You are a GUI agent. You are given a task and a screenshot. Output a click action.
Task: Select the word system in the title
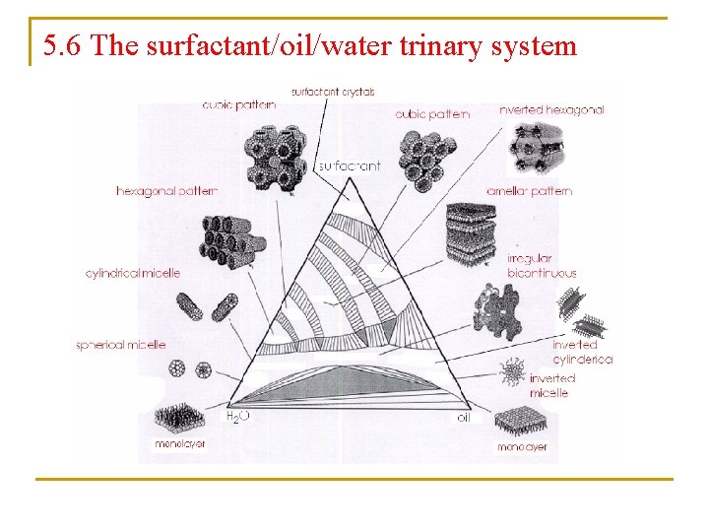point(538,45)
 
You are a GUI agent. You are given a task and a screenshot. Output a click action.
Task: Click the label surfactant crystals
point(333,92)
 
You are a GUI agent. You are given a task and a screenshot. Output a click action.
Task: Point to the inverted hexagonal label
point(551,110)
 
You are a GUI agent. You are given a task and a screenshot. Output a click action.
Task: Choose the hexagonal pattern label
point(166,190)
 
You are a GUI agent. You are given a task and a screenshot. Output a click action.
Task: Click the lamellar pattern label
point(529,190)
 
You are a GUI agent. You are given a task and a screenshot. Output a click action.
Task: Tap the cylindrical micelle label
point(133,273)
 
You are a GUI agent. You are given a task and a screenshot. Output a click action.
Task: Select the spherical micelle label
point(121,345)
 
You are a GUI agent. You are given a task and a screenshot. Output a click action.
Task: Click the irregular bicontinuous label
point(542,266)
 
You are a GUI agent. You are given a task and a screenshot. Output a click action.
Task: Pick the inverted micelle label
point(551,385)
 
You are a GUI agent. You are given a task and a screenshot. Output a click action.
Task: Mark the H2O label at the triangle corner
point(238,418)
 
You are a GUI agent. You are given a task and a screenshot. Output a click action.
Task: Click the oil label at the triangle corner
point(464,418)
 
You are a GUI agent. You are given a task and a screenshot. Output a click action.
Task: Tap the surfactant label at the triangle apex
point(349,166)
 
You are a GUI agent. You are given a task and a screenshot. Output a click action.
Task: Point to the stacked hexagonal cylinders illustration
point(229,240)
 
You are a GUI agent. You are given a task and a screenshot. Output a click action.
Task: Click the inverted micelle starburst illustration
point(513,372)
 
